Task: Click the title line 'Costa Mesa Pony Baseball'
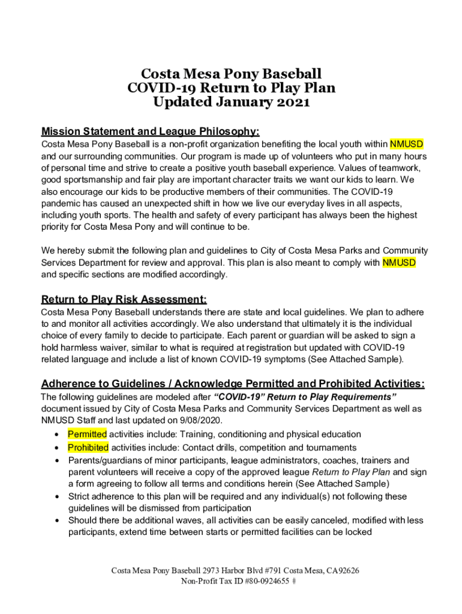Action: pyautogui.click(x=231, y=74)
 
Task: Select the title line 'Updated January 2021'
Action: pyautogui.click(x=231, y=102)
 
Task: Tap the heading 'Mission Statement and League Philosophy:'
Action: pyautogui.click(x=150, y=131)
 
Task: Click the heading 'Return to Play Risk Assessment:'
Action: pyautogui.click(x=124, y=299)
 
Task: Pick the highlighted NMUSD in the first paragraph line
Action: pyautogui.click(x=406, y=145)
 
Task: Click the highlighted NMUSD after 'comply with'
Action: pyautogui.click(x=399, y=263)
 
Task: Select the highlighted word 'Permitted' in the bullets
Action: pyautogui.click(x=87, y=434)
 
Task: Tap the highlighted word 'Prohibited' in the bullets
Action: pyautogui.click(x=88, y=447)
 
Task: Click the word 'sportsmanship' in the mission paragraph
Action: pyautogui.click(x=90, y=180)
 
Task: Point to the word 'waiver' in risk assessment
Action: pyautogui.click(x=113, y=348)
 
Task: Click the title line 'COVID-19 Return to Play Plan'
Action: pyautogui.click(x=231, y=88)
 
